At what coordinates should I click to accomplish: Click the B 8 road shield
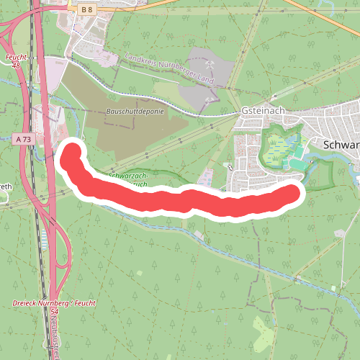click(87, 9)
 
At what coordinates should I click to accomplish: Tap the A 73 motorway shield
click(23, 138)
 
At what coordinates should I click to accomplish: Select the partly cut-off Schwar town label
click(341, 144)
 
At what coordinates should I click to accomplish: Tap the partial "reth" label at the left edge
click(5, 186)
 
